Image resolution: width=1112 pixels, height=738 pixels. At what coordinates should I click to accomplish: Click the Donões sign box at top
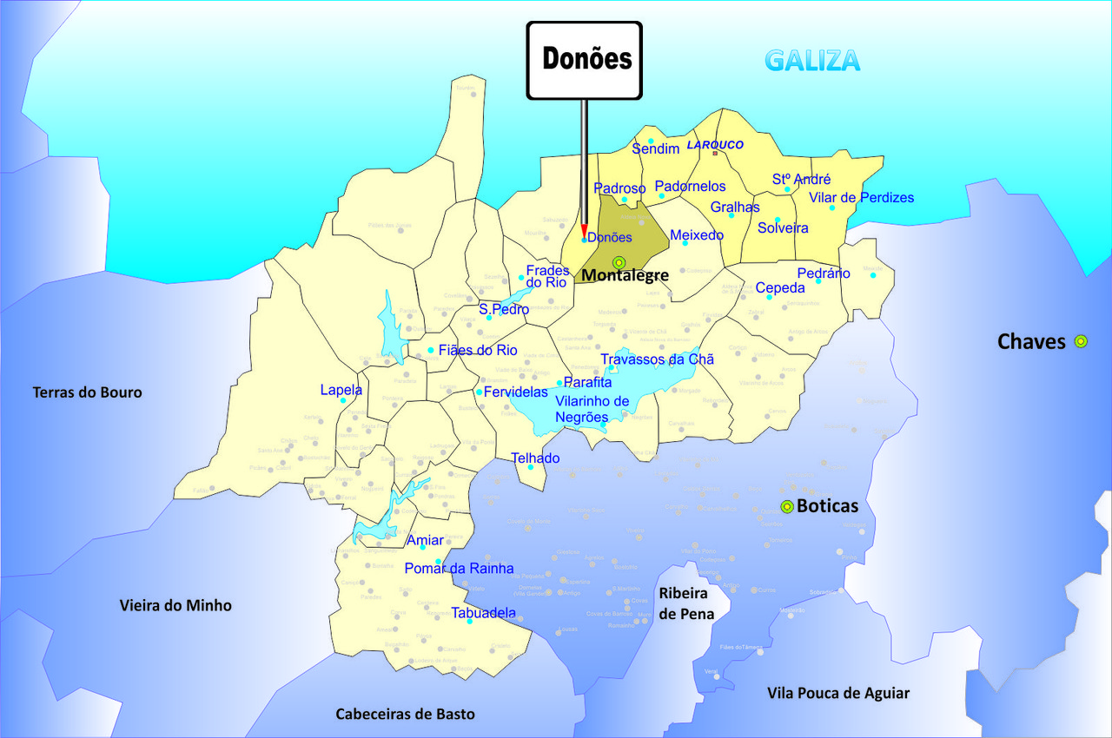(x=584, y=60)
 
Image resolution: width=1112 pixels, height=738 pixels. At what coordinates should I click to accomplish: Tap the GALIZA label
(x=812, y=61)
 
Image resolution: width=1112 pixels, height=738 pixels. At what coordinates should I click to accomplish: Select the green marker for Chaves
(x=1081, y=341)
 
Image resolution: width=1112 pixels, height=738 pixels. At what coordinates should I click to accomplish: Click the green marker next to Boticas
(x=787, y=507)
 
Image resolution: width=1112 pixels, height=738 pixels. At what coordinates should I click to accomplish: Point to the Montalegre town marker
(x=619, y=262)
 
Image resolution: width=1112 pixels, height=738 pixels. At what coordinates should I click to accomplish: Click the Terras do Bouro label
(x=87, y=392)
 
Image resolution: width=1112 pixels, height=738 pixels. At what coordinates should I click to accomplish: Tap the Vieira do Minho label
(x=175, y=605)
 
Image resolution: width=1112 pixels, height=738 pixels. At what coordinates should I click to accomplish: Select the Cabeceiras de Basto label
(x=406, y=714)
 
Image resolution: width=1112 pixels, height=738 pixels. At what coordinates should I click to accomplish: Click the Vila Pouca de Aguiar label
(x=838, y=693)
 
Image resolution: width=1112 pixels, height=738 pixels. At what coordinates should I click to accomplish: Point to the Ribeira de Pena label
(x=686, y=603)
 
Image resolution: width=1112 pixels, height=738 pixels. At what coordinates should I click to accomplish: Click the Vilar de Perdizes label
(x=861, y=198)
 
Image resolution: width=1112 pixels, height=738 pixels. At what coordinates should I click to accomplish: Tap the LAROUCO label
(x=715, y=145)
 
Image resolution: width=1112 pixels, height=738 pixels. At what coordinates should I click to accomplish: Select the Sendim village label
(x=656, y=149)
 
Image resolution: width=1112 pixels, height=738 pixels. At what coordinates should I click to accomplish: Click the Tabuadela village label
(x=484, y=612)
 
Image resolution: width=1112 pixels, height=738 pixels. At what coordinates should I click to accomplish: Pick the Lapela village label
(x=341, y=391)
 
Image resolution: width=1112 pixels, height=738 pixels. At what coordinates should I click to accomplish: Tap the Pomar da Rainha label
(x=459, y=569)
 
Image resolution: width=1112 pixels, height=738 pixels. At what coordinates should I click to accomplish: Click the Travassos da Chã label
(x=657, y=359)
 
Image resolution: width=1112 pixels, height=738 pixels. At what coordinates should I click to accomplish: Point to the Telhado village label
(x=535, y=458)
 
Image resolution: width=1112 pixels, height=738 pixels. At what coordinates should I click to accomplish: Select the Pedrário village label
(x=824, y=273)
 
